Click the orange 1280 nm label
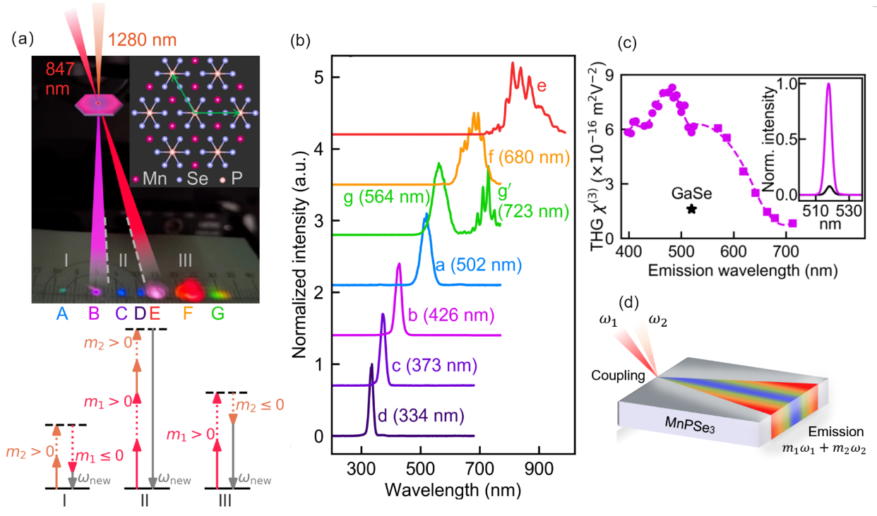142,40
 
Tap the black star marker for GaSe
692,209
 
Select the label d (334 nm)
422,415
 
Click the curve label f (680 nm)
529,157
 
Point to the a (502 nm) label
479,265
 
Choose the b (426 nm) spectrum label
451,315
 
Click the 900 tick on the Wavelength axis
539,469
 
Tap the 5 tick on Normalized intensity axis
319,77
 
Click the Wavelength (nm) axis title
453,490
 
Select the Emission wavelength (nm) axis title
743,270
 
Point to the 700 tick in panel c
786,251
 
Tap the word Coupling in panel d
618,376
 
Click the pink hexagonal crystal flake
99,104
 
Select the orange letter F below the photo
188,313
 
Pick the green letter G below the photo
217,313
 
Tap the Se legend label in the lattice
197,179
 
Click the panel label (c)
627,42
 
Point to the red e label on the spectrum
542,85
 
